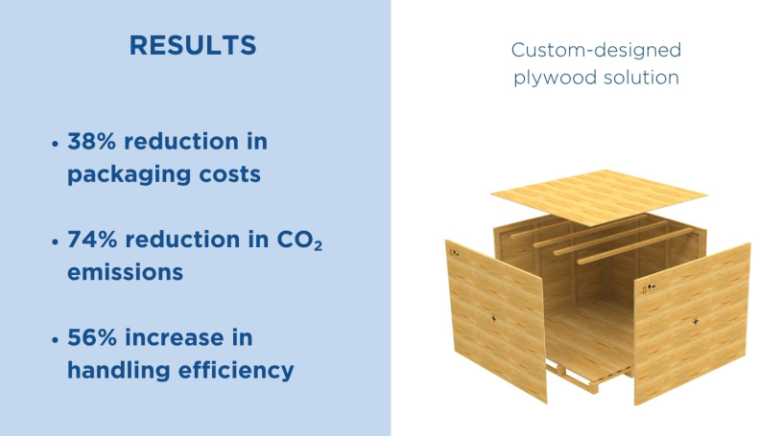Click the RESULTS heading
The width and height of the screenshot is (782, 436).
click(x=193, y=45)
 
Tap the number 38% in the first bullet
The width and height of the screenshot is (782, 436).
click(x=92, y=142)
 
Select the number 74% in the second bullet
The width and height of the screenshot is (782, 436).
click(x=92, y=240)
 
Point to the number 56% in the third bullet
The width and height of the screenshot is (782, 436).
click(x=92, y=338)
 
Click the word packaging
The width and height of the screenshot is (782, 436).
click(x=129, y=175)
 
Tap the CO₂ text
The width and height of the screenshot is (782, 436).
click(x=299, y=241)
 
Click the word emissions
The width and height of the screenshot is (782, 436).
click(x=125, y=272)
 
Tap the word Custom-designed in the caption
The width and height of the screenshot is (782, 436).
click(x=596, y=51)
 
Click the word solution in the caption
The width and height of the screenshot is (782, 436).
click(x=641, y=78)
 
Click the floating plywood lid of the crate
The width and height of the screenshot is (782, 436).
click(x=599, y=196)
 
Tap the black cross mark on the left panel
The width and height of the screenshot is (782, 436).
click(x=494, y=318)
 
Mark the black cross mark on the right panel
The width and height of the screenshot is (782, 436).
click(x=696, y=321)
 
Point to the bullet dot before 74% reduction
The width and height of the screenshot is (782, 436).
click(x=55, y=242)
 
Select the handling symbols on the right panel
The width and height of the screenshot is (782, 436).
click(x=649, y=288)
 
